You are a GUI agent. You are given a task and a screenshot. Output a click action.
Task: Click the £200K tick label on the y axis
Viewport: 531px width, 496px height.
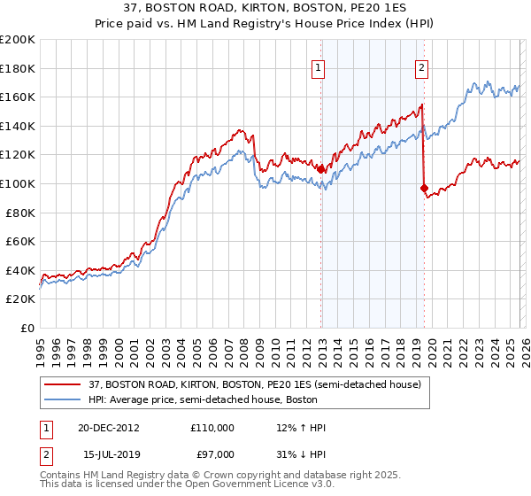18,40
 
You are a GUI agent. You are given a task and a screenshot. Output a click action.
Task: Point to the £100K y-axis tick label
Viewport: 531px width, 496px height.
18,183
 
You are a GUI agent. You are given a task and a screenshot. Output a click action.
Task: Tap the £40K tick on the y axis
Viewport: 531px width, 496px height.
21,270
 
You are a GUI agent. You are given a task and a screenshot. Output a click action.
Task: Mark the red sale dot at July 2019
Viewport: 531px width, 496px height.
424,188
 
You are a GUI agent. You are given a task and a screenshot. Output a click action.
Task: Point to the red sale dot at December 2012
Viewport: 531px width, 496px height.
321,169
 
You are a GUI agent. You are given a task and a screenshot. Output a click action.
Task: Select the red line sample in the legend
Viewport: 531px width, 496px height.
63,384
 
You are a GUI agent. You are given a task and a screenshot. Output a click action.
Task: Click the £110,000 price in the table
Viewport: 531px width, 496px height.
212,427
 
